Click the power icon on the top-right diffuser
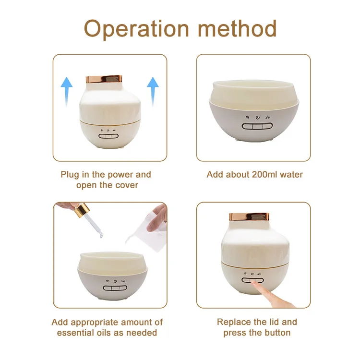[x=257, y=117]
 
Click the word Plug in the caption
[x=70, y=174]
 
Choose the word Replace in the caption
[x=234, y=322]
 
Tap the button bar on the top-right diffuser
[x=257, y=126]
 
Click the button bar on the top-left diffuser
[x=108, y=135]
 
